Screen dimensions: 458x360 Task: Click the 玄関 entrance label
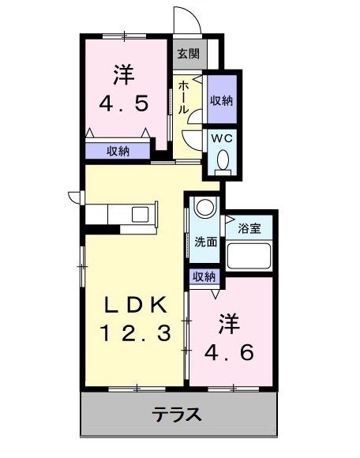[187, 54]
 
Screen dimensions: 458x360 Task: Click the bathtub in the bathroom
[249, 257]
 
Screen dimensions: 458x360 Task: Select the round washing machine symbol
[204, 208]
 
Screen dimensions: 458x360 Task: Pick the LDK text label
[133, 305]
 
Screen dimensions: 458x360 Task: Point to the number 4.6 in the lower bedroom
[229, 352]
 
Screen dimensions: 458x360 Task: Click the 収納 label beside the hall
[220, 100]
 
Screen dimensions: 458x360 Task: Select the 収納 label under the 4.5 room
[118, 151]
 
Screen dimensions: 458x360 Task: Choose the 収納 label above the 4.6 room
[204, 276]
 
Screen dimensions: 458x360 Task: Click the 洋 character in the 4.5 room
[123, 77]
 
